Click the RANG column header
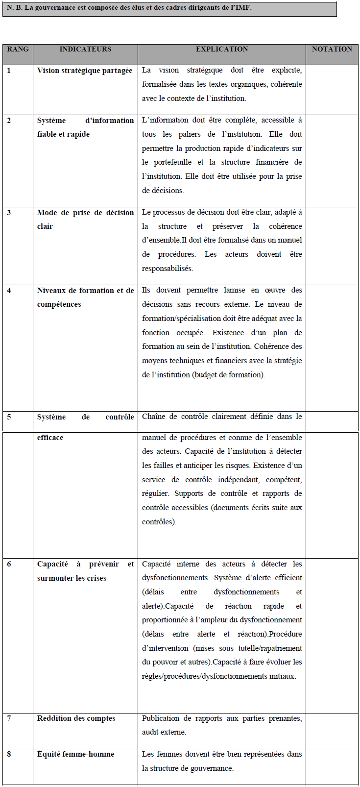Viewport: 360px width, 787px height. click(18, 49)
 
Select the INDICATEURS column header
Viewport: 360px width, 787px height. click(85, 49)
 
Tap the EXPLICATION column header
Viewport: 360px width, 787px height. click(222, 49)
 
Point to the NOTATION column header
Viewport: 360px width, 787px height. click(332, 49)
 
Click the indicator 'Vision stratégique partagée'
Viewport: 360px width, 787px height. click(85, 71)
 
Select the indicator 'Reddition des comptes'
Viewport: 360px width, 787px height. click(76, 718)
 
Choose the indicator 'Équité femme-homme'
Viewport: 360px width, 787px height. click(75, 754)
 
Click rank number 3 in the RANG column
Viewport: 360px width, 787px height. click(9, 213)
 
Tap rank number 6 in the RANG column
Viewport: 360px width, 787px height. click(9, 564)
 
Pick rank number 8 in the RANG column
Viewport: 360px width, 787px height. click(9, 754)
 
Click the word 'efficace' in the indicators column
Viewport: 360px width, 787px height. click(50, 438)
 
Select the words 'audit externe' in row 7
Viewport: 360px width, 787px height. click(164, 732)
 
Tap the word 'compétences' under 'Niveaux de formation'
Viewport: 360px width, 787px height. click(59, 304)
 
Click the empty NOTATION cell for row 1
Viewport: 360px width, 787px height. click(332, 90)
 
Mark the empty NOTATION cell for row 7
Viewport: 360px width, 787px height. click(332, 731)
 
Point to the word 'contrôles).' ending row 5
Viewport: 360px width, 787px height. click(159, 522)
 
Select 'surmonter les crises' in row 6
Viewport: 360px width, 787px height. click(72, 578)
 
